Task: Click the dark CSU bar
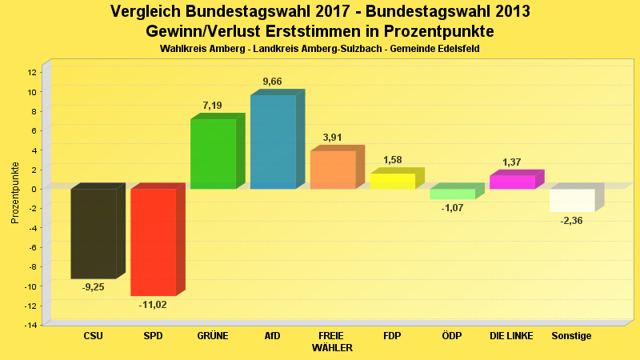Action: pos(94,234)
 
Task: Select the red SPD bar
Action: pos(153,242)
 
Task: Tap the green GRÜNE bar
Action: pos(213,154)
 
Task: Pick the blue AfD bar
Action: pos(273,142)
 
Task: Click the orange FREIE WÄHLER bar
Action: pos(332,170)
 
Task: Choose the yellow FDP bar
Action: pos(392,181)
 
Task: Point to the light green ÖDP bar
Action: pos(452,194)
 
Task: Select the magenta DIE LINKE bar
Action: pos(512,182)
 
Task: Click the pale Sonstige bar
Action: pos(572,200)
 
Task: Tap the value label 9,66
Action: pos(272,82)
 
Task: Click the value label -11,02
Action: pos(153,305)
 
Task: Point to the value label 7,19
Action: pos(213,106)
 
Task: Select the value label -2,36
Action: pos(572,221)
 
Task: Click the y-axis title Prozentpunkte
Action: pos(15,193)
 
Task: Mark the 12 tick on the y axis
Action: pos(32,72)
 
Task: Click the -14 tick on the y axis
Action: pos(30,325)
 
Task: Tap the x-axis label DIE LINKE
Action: pos(512,336)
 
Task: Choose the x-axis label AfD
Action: pos(272,336)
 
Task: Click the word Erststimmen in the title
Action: pos(310,31)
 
